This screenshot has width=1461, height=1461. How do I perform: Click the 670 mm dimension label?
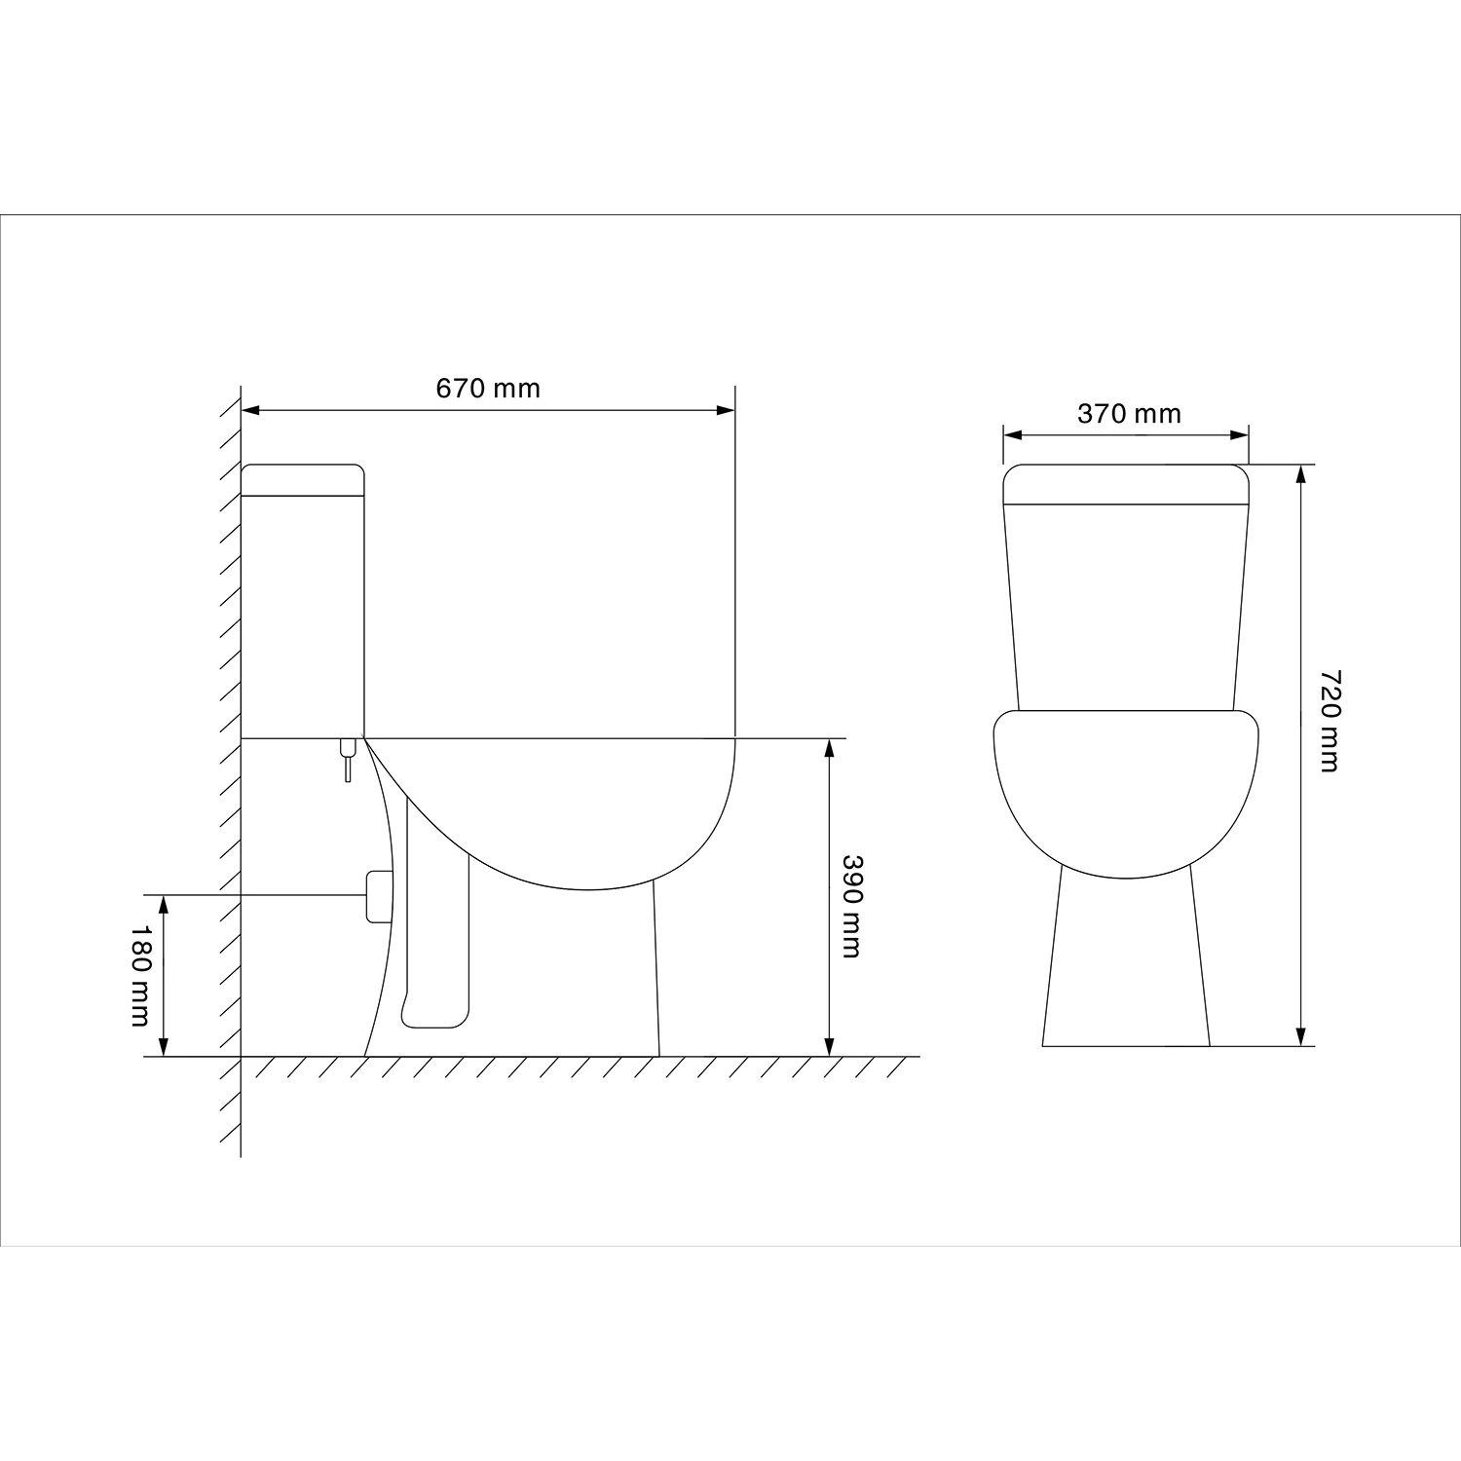coord(487,389)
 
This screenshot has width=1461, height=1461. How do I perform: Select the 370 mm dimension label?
coord(1129,414)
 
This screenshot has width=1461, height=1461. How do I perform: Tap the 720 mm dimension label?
coord(1330,721)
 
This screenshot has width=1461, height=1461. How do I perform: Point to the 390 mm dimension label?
coord(851,907)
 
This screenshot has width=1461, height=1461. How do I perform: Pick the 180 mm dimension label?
coord(139,976)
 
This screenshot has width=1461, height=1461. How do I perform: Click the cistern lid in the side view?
coord(302,480)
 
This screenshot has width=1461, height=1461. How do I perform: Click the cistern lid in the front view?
coord(1126,484)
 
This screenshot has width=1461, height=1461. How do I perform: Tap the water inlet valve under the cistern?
coord(348,760)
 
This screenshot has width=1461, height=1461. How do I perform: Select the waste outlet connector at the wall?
coord(378,896)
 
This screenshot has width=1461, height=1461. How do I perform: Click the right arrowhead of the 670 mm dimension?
coord(726,410)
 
